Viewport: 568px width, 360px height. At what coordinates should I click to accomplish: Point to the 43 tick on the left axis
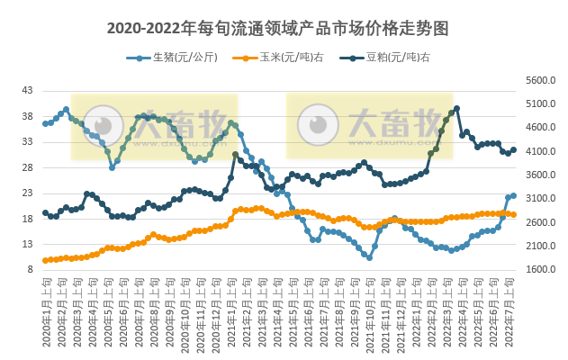[27, 91]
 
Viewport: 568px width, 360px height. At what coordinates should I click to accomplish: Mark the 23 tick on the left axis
[27, 193]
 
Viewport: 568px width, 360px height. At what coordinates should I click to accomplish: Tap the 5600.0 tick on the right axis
[538, 80]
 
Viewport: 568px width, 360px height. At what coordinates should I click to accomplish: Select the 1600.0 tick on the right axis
[538, 269]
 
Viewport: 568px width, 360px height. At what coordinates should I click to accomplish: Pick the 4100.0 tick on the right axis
[538, 151]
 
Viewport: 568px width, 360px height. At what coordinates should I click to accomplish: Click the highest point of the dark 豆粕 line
[457, 109]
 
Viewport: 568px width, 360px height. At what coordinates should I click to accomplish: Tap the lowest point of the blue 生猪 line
[369, 257]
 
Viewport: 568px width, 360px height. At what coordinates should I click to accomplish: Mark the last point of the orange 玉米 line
[513, 214]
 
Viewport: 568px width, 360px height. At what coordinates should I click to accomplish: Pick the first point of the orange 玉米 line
[45, 261]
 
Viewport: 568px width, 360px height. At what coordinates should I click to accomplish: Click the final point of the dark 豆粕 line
[513, 150]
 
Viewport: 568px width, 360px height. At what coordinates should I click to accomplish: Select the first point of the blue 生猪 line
[45, 123]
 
